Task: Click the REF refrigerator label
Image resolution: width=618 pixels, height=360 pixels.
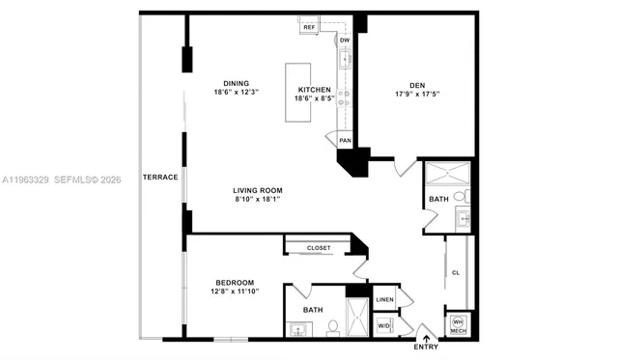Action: coord(309,27)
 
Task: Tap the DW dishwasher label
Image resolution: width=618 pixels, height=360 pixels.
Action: coord(345,41)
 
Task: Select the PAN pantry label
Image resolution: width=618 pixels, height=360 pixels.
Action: coord(345,140)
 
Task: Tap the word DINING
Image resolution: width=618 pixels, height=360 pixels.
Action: coord(237,83)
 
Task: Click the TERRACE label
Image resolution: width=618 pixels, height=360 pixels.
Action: coord(159,178)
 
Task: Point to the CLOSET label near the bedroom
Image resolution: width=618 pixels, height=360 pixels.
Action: coord(319,248)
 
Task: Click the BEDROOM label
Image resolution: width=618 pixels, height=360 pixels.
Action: coord(235,283)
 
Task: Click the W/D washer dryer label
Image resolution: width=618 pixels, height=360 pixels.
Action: coord(384,325)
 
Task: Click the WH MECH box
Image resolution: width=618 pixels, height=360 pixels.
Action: coord(458,326)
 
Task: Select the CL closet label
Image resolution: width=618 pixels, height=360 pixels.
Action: coord(455,273)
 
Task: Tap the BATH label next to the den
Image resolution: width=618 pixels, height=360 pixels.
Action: coord(437,200)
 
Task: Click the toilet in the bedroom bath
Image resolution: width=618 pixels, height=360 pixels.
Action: coord(332,326)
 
